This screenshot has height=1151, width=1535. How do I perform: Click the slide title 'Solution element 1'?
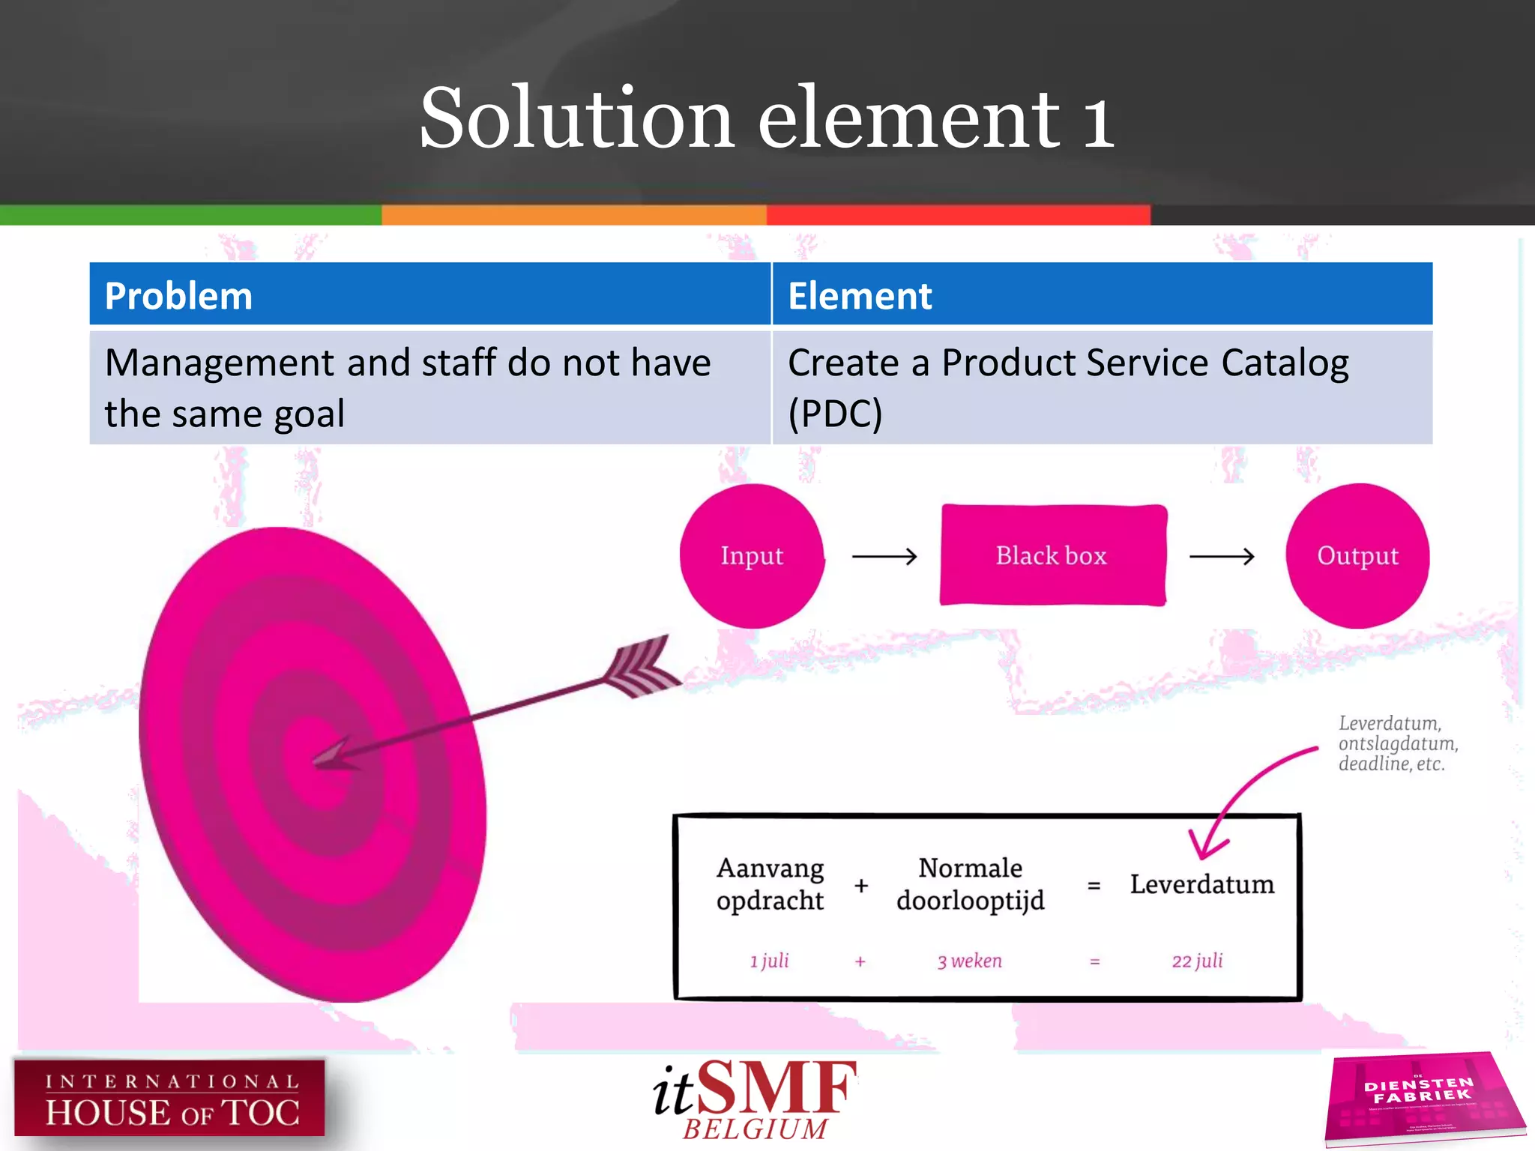[x=766, y=118]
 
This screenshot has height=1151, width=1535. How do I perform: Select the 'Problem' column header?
[x=178, y=295]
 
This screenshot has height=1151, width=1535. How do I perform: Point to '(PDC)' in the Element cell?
[x=835, y=414]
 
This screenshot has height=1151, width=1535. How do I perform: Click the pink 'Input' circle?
[x=752, y=555]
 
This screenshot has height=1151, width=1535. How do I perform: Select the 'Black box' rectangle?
[x=1052, y=555]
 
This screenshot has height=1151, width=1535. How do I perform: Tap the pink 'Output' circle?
[x=1357, y=555]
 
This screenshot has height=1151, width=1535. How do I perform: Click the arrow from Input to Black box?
[x=884, y=556]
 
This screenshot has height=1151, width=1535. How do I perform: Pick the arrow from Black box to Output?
[x=1222, y=556]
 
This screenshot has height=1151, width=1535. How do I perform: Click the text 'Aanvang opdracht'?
[x=770, y=883]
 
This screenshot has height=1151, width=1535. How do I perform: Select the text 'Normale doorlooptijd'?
[x=970, y=883]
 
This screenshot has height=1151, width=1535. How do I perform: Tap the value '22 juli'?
[x=1197, y=961]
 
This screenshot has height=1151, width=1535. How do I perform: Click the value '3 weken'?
[x=969, y=961]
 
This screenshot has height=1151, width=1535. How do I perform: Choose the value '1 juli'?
[x=769, y=961]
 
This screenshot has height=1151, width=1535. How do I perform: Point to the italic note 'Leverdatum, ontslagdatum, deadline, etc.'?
[x=1397, y=743]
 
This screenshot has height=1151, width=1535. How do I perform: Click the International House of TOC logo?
[x=170, y=1098]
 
